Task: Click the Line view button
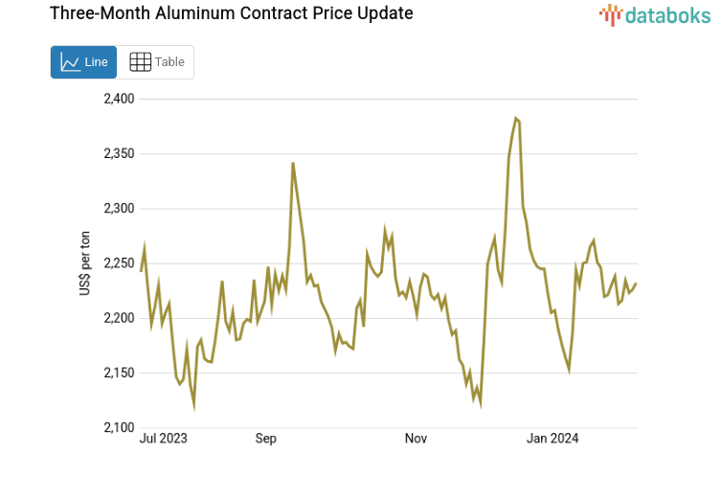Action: click(83, 62)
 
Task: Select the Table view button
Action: click(156, 62)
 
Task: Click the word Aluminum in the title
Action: click(182, 13)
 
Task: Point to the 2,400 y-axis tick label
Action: click(118, 99)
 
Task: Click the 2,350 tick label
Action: click(118, 153)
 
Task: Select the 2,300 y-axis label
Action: click(118, 208)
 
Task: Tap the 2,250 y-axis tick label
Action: click(118, 262)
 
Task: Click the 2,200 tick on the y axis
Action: click(118, 317)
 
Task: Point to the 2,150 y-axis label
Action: click(118, 373)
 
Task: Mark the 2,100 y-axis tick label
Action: click(118, 427)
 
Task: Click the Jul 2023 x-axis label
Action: click(163, 439)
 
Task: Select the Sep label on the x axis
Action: click(265, 439)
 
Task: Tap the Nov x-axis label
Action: click(416, 439)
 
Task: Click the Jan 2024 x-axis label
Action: click(552, 439)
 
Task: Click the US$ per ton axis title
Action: click(85, 262)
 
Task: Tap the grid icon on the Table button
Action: click(140, 62)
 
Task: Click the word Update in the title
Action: click(382, 13)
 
